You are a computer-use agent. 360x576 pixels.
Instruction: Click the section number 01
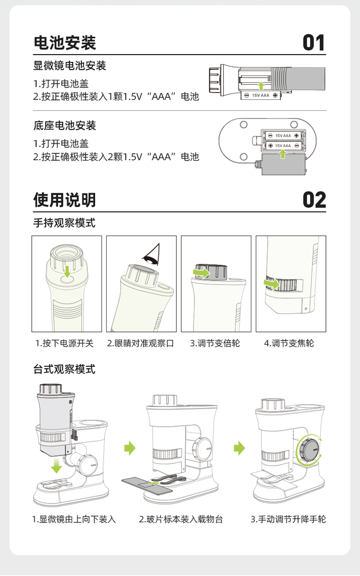314,43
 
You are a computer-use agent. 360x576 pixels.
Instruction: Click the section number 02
314,200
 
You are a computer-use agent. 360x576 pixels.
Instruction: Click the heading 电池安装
65,43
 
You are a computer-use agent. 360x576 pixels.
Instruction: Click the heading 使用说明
65,200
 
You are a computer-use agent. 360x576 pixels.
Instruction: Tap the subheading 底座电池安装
65,126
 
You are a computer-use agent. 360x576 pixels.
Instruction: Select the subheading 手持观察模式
64,223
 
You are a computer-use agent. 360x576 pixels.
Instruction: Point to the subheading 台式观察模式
64,369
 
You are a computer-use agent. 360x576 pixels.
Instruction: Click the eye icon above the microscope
152,255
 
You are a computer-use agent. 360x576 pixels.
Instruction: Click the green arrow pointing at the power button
67,272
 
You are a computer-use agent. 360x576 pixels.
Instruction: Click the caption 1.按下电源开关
64,343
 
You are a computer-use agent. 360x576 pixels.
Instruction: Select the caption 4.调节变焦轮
289,343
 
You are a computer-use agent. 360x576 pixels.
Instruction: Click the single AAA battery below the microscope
261,95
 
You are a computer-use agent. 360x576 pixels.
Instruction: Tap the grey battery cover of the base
284,165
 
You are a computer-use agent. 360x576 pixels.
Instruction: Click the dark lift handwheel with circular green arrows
310,450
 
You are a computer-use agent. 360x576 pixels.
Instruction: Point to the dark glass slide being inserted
147,486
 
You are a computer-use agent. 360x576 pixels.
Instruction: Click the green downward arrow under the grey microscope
56,465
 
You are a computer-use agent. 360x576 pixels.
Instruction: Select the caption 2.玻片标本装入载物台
181,519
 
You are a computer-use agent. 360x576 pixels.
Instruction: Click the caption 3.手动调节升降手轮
288,519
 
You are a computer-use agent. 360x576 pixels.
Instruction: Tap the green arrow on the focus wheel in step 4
272,283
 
